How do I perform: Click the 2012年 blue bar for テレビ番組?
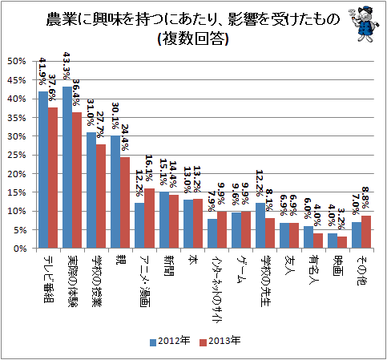click(43, 170)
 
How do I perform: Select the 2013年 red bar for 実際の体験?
click(77, 180)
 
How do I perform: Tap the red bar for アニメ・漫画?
click(149, 218)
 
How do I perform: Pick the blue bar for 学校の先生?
click(260, 225)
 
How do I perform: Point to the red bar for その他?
click(366, 232)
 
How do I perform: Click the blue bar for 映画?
click(333, 241)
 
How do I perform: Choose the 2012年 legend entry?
click(170, 341)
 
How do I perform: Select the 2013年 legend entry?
click(220, 341)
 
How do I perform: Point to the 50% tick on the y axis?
click(17, 61)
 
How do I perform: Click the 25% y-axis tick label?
click(17, 155)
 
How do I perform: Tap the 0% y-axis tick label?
click(19, 249)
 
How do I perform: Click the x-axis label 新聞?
click(169, 265)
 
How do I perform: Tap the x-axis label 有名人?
click(313, 270)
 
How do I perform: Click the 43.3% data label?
click(67, 66)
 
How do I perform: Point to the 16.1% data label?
click(149, 168)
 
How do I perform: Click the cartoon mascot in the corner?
click(364, 25)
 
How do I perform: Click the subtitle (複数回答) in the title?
click(193, 39)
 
